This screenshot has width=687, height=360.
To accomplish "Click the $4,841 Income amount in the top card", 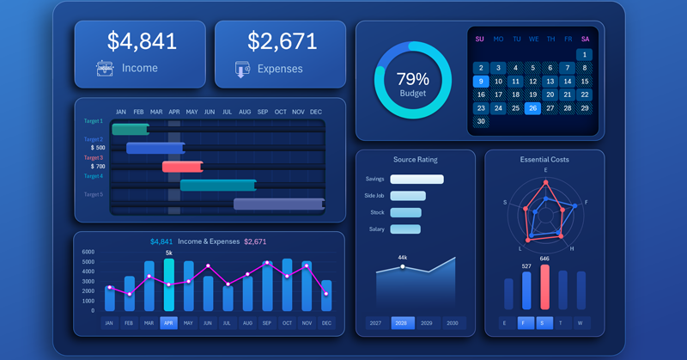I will [x=142, y=40].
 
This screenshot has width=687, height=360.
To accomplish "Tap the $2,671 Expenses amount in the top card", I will [x=283, y=40].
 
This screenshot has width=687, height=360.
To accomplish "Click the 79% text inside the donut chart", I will [x=412, y=78].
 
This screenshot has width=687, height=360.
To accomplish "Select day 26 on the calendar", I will [x=532, y=108].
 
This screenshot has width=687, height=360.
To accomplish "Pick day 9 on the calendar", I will [x=480, y=82].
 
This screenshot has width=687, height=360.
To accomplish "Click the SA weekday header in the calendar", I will [x=585, y=39].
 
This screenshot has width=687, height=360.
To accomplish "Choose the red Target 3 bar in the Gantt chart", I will [x=182, y=167].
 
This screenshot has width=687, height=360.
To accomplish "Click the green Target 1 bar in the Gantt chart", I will [x=130, y=129].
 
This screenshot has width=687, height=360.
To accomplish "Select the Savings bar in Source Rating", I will [x=416, y=180].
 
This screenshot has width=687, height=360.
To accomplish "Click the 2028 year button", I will [x=402, y=323].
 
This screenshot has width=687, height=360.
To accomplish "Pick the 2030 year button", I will [x=453, y=323].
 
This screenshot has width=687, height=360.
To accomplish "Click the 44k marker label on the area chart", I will [x=402, y=257].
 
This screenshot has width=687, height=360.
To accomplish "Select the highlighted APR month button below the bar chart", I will [x=168, y=323].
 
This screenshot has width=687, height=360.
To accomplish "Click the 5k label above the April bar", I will [x=168, y=253].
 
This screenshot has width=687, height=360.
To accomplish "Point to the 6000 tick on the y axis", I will [x=88, y=253].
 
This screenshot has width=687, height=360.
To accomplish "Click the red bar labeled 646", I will [x=544, y=288].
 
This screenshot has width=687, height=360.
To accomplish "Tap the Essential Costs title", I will [x=544, y=159].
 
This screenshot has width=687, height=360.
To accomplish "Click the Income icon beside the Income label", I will [x=105, y=68].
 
